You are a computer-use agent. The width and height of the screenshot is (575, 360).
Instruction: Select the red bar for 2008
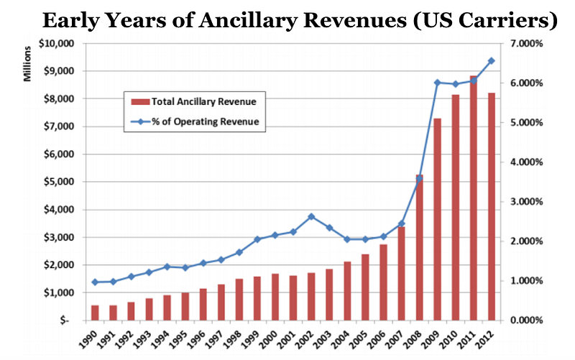(400, 247)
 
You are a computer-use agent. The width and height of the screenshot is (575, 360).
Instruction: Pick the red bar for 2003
(329, 295)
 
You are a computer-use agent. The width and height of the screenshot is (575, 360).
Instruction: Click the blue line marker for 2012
(492, 60)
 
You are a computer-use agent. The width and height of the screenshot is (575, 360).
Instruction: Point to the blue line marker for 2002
(311, 216)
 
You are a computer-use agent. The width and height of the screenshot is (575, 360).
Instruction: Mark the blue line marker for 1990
(95, 282)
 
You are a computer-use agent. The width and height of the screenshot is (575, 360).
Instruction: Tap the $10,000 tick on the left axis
(55, 43)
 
